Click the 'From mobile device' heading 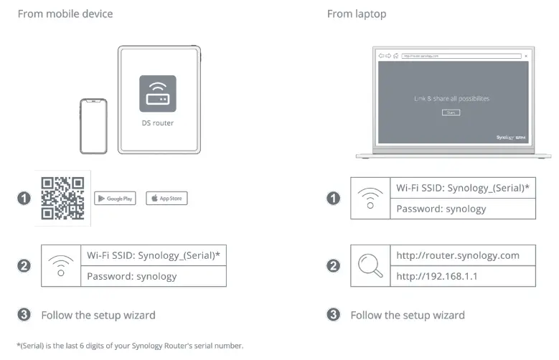(65, 14)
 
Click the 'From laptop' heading (357, 14)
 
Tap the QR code (62, 197)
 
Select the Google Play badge (115, 198)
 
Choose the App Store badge (166, 198)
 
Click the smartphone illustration (93, 125)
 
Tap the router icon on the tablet (157, 93)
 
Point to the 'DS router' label (157, 123)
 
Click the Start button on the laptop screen (451, 113)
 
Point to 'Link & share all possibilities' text (451, 98)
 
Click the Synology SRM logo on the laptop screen (512, 136)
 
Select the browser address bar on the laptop (460, 55)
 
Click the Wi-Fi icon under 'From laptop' (370, 198)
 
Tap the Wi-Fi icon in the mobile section (61, 265)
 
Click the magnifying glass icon (370, 265)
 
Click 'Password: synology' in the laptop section (441, 209)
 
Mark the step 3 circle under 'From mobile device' (24, 315)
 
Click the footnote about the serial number (130, 346)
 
